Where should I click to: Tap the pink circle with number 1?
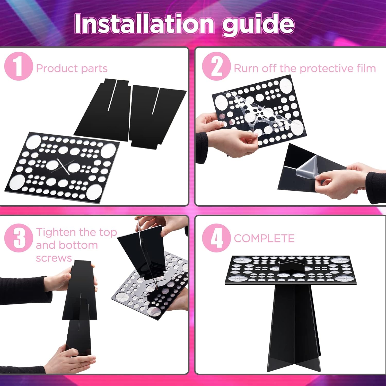[19, 66]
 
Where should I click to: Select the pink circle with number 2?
[216, 66]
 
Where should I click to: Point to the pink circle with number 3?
[19, 238]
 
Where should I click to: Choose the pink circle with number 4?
[216, 238]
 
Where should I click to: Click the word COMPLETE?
[264, 238]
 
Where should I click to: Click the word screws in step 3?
[54, 258]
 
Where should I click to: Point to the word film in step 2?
[366, 68]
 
